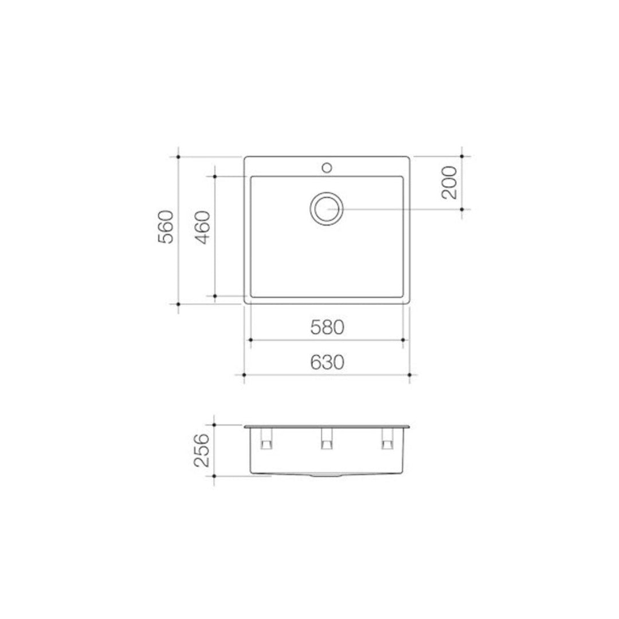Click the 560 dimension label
pyautogui.click(x=166, y=228)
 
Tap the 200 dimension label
pyautogui.click(x=450, y=182)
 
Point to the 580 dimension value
pyautogui.click(x=327, y=327)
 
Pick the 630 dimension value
pyautogui.click(x=327, y=362)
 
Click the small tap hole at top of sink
pyautogui.click(x=327, y=167)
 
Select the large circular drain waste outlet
pyautogui.click(x=327, y=208)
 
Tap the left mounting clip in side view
pyautogui.click(x=267, y=440)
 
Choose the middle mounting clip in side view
pyautogui.click(x=327, y=440)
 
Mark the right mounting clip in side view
pyautogui.click(x=387, y=440)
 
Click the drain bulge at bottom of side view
pyautogui.click(x=327, y=476)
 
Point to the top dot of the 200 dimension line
pyautogui.click(x=463, y=156)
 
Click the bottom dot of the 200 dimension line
pyautogui.click(x=463, y=209)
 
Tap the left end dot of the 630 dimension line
pyautogui.click(x=245, y=375)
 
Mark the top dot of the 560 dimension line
pyautogui.click(x=179, y=156)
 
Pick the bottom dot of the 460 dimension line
pyautogui.click(x=214, y=296)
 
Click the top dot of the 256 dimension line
pyautogui.click(x=214, y=425)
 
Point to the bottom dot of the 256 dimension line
pyautogui.click(x=214, y=475)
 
